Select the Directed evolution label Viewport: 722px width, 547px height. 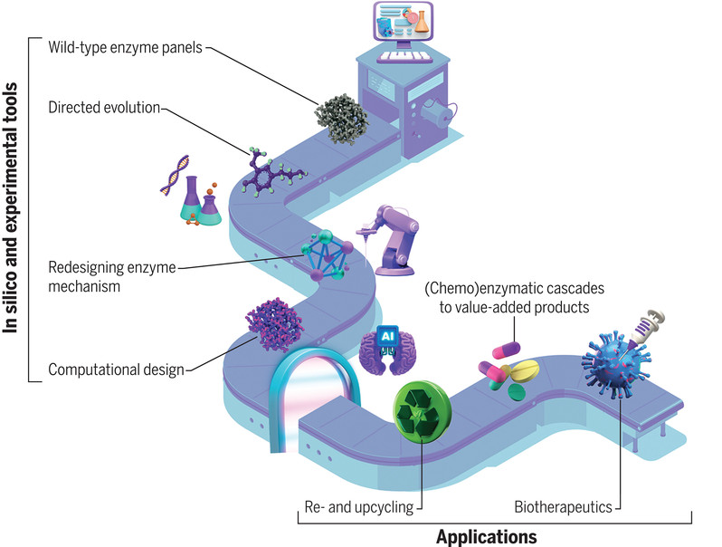click(x=105, y=108)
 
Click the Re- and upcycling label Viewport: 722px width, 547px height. click(x=358, y=506)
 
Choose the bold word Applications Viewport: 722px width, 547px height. click(x=486, y=536)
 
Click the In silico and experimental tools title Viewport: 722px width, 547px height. click(x=13, y=208)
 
